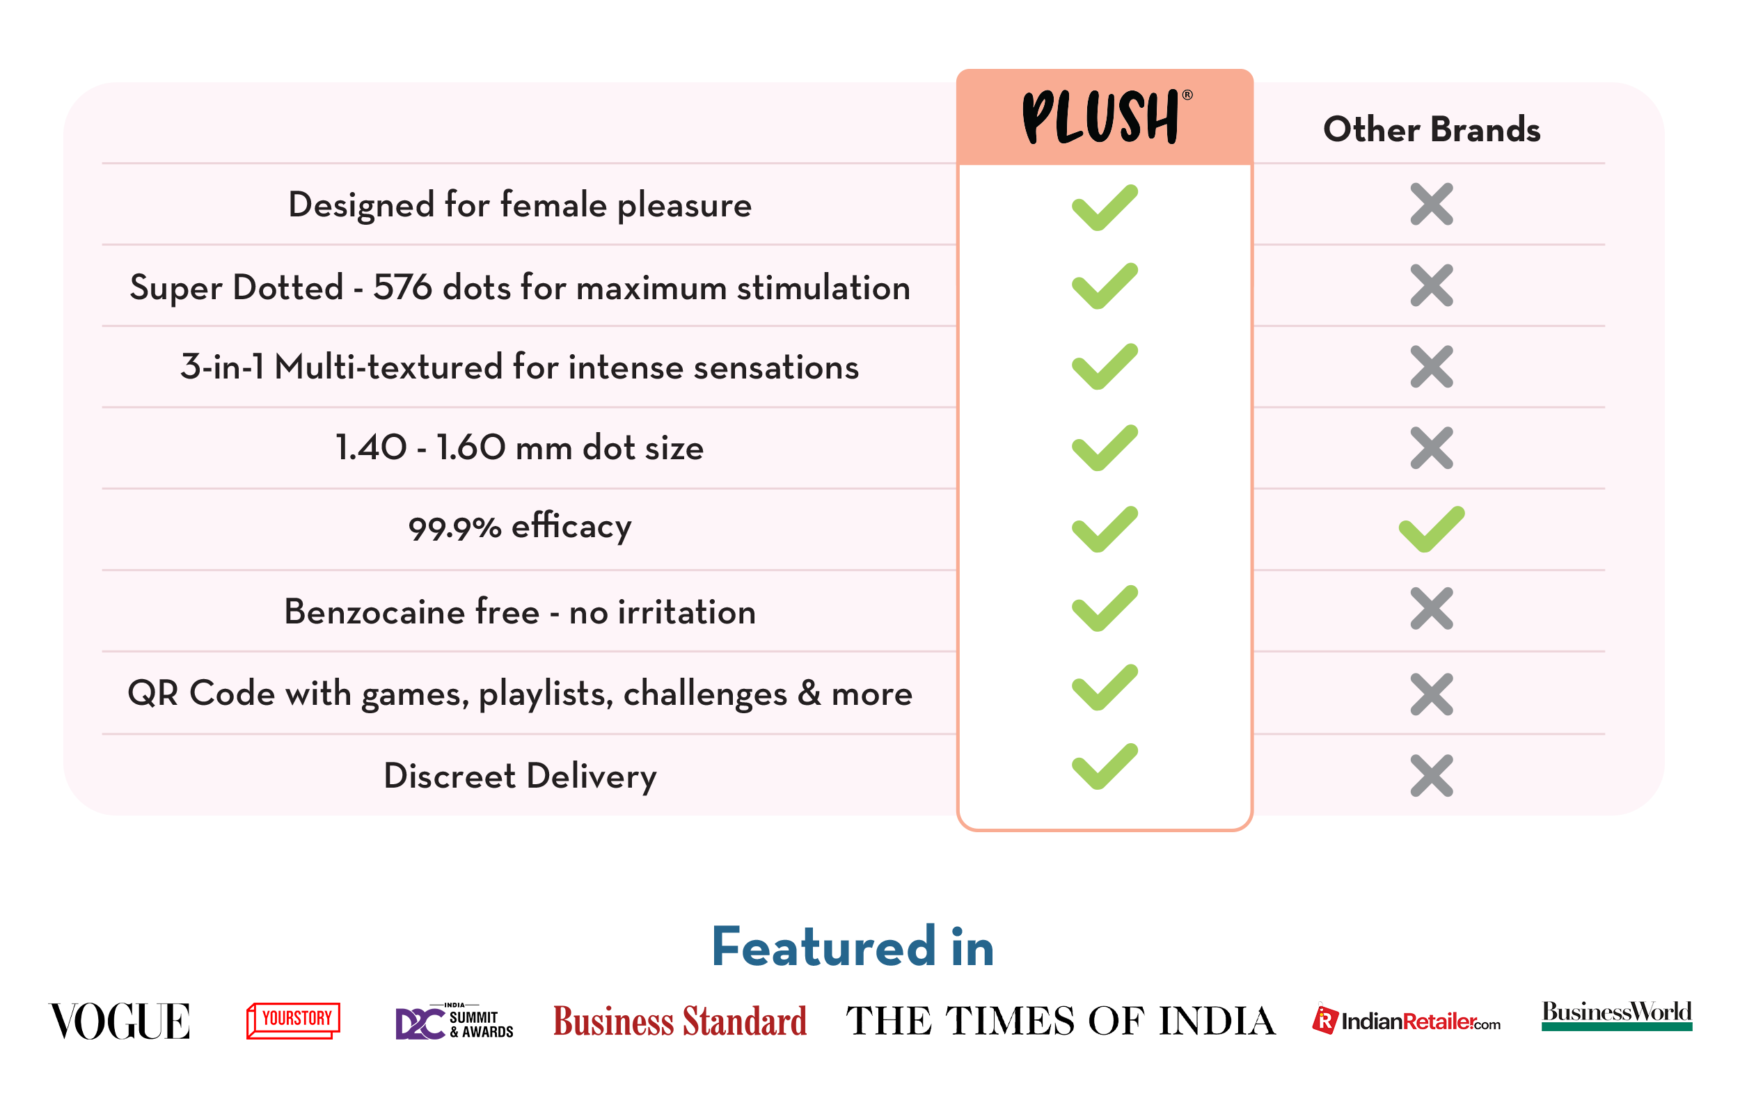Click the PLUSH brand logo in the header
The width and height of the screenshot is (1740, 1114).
1106,117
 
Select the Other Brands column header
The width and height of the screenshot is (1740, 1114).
1431,129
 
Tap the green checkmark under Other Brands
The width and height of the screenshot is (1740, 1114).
1431,530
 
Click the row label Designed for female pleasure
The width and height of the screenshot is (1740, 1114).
519,205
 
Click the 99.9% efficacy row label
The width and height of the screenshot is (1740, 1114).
519,526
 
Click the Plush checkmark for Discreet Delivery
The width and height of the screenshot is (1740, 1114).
1105,766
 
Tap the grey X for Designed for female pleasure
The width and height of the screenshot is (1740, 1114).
1431,204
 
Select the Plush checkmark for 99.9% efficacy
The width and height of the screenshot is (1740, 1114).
1105,530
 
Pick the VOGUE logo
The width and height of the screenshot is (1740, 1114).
120,1021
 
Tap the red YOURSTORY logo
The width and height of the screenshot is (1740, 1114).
293,1020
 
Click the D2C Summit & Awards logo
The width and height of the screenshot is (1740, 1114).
454,1021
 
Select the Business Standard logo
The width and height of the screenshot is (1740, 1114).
679,1021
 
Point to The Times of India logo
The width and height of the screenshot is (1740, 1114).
1061,1021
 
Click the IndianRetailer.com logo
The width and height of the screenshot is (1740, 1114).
1407,1020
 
